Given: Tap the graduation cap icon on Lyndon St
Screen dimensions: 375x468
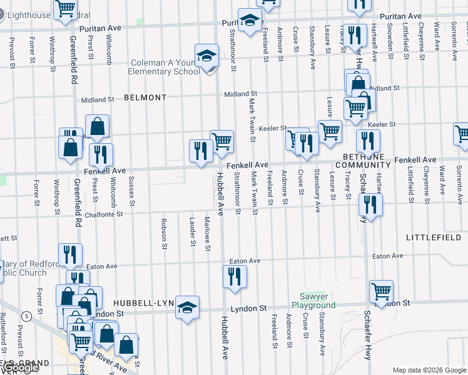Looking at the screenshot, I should pyautogui.click(x=187, y=307).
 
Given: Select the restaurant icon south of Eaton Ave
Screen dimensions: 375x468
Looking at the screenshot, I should pyautogui.click(x=235, y=277).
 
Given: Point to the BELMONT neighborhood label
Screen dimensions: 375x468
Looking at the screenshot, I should pyautogui.click(x=145, y=98).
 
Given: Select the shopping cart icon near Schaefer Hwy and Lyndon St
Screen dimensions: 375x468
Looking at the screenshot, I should pyautogui.click(x=381, y=292).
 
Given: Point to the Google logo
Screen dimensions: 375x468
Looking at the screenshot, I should pyautogui.click(x=20, y=367).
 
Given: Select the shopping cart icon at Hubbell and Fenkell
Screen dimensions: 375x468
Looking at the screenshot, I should pyautogui.click(x=221, y=142).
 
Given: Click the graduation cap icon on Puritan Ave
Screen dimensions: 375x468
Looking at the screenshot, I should pyautogui.click(x=250, y=22).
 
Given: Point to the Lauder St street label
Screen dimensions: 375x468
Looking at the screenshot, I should pyautogui.click(x=191, y=231).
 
